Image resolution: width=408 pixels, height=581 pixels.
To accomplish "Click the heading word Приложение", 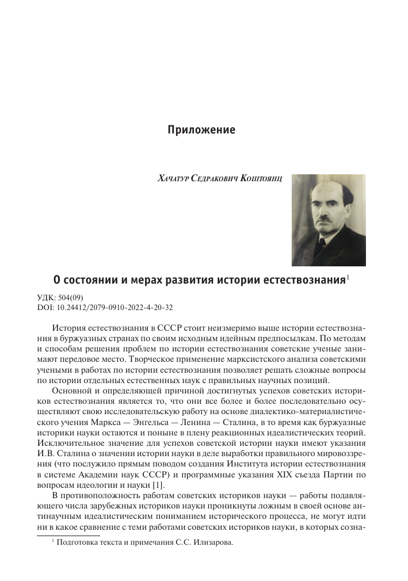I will (201, 129).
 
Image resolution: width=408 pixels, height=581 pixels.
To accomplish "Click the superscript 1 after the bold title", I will (349, 277).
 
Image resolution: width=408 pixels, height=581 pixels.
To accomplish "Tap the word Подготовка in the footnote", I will (79, 557).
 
